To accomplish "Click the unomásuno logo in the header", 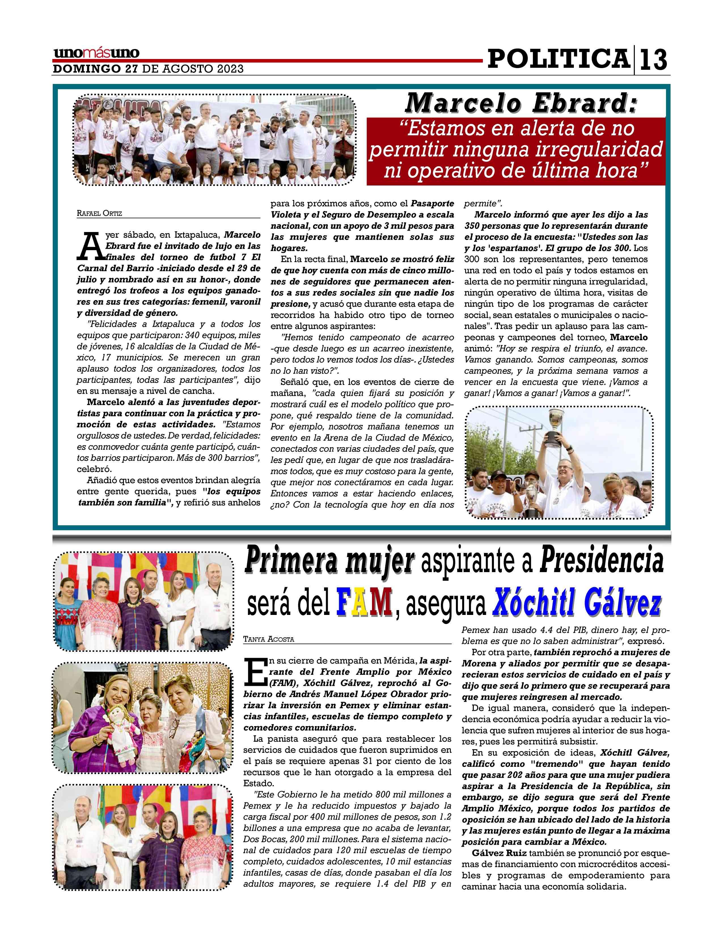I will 96,53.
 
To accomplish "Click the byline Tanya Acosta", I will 269,639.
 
